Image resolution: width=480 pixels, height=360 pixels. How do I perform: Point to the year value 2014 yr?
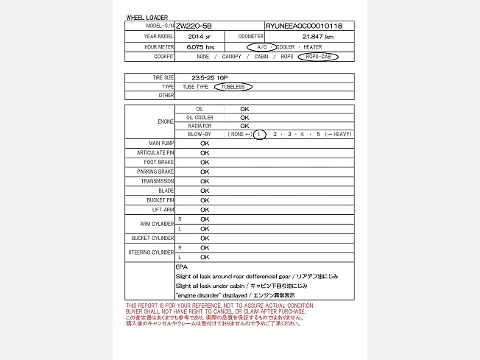[199, 36]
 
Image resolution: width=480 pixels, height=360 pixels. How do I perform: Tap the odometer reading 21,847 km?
[318, 36]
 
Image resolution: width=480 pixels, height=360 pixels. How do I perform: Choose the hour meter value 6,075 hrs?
[200, 46]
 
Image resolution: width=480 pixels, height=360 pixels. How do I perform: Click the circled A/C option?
[261, 46]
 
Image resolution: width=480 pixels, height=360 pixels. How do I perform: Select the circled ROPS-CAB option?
[318, 56]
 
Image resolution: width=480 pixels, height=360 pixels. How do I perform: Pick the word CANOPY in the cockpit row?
[233, 56]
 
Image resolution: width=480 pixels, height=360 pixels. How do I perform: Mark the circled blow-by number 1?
[259, 135]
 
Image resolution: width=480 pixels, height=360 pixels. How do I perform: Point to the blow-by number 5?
[318, 135]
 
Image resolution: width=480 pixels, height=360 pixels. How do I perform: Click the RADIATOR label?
[200, 126]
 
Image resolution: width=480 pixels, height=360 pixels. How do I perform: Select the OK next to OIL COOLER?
[244, 117]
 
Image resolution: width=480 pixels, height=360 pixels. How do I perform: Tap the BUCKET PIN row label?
[160, 200]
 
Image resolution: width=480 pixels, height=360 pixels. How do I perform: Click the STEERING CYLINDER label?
[152, 253]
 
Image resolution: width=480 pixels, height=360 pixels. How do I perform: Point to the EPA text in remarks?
[181, 267]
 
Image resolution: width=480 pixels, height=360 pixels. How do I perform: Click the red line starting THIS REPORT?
[220, 306]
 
